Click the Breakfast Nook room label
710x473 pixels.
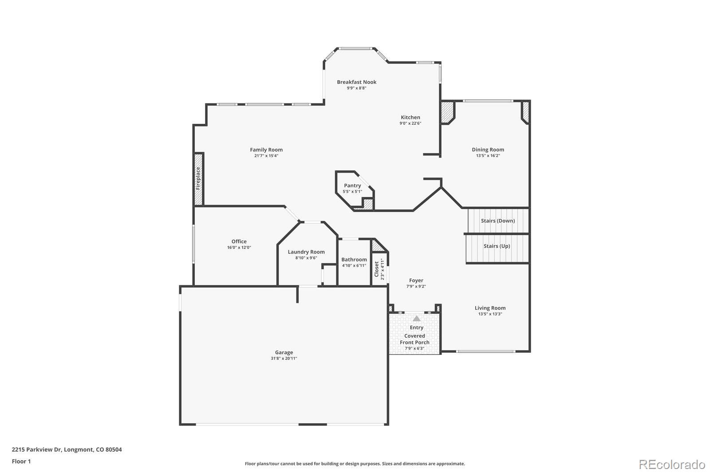(357, 82)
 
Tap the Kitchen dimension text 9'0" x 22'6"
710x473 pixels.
(410, 123)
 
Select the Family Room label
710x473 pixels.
(266, 150)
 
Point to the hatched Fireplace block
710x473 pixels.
(198, 179)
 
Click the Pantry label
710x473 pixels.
(352, 185)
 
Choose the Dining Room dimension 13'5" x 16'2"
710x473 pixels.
(488, 156)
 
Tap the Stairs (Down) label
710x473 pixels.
(497, 221)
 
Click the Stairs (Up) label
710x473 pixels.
(497, 246)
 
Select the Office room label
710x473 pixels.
(239, 241)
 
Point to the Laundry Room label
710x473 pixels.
(306, 252)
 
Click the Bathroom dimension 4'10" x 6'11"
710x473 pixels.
(354, 266)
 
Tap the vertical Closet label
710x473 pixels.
(377, 269)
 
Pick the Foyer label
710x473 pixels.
(416, 280)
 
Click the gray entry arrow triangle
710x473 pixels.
(417, 318)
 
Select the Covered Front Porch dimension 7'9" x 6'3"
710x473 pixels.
(414, 349)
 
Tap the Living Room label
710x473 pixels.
(490, 308)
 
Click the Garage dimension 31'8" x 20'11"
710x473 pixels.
(284, 359)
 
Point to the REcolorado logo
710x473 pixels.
(672, 465)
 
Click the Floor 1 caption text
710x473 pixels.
(21, 461)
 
